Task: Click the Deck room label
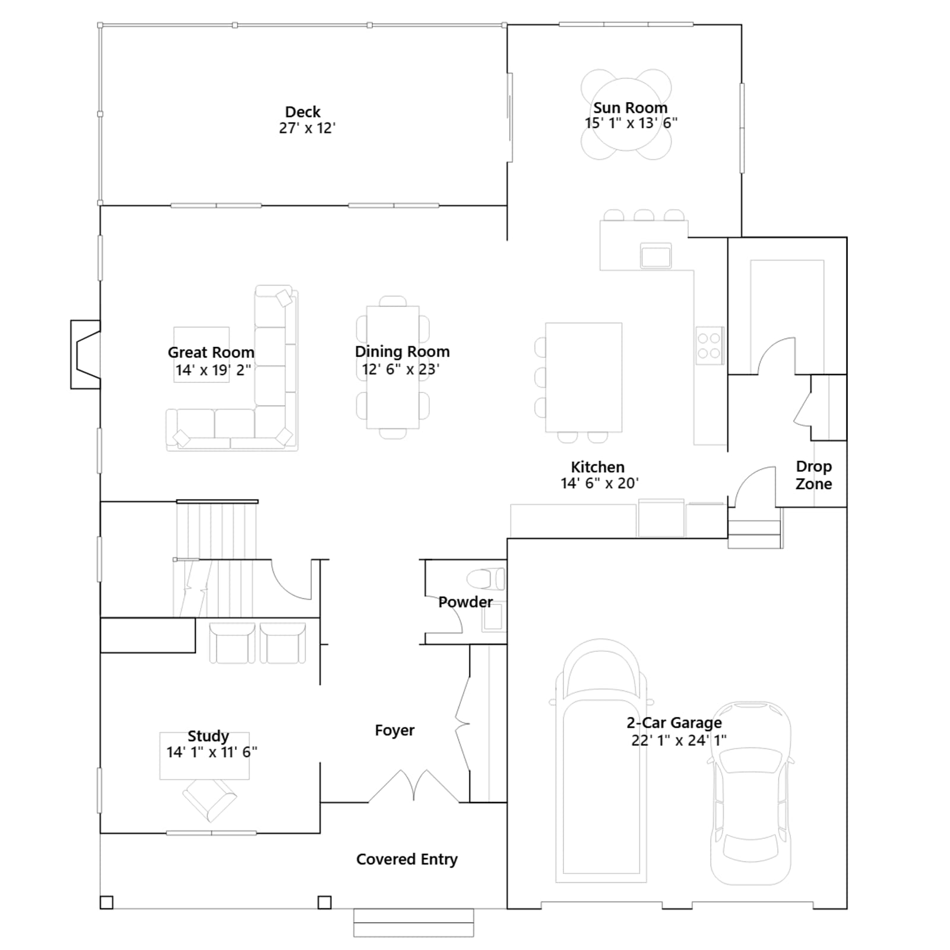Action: pyautogui.click(x=303, y=112)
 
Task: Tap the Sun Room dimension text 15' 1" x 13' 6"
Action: pyautogui.click(x=631, y=123)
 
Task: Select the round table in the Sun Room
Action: pyautogui.click(x=626, y=114)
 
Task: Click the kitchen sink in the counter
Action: pyautogui.click(x=655, y=255)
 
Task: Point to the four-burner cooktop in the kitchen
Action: pyautogui.click(x=710, y=345)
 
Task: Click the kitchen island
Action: pyautogui.click(x=584, y=377)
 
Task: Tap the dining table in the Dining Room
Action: pyautogui.click(x=393, y=367)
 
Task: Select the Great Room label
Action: pyautogui.click(x=211, y=352)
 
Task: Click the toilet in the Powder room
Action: pyautogui.click(x=486, y=579)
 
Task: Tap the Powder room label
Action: pyautogui.click(x=465, y=602)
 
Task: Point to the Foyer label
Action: pyautogui.click(x=395, y=730)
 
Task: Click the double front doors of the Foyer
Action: pyautogui.click(x=414, y=787)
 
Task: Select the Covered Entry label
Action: pyautogui.click(x=407, y=859)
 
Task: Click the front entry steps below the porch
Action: pyautogui.click(x=414, y=923)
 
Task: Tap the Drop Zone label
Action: pyautogui.click(x=814, y=475)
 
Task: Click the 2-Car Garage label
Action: pyautogui.click(x=674, y=723)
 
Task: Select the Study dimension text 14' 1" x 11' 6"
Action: pyautogui.click(x=212, y=752)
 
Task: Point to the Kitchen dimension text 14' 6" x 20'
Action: pyautogui.click(x=600, y=483)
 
